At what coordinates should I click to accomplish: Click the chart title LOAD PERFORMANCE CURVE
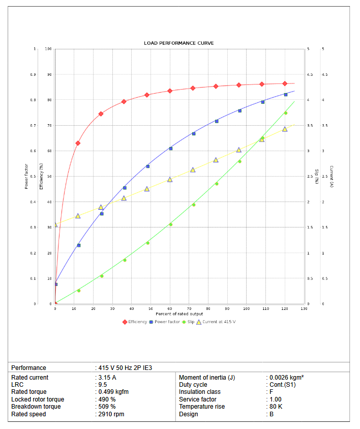[x=178, y=43]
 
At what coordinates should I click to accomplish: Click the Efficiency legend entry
[x=134, y=322]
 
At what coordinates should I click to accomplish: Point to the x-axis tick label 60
[x=170, y=309]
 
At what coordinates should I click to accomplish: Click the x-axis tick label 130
[x=304, y=309]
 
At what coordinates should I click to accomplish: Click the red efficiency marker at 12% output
[x=78, y=144]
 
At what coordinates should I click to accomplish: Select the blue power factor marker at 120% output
[x=286, y=95]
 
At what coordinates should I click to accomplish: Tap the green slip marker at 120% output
[x=286, y=113]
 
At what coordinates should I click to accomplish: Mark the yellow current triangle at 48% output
[x=147, y=189]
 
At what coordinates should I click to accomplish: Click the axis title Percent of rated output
[x=178, y=314]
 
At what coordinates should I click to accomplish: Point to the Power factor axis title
[x=26, y=176]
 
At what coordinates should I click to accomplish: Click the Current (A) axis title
[x=331, y=176]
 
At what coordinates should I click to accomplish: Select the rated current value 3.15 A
[x=107, y=378]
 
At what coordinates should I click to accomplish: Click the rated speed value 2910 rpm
[x=111, y=414]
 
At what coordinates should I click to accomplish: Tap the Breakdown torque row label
[x=36, y=407]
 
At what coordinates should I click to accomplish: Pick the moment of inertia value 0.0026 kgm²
[x=286, y=378]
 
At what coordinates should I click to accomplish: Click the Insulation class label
[x=200, y=392]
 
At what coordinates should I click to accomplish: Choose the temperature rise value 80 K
[x=277, y=407]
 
